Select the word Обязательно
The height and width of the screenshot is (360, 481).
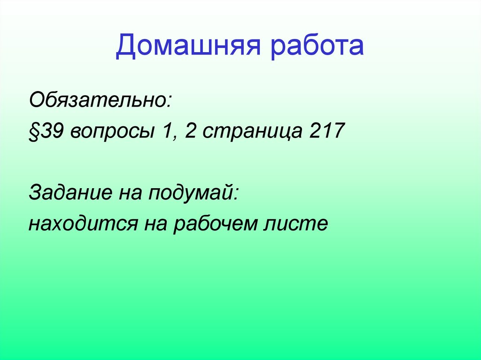(98, 100)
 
